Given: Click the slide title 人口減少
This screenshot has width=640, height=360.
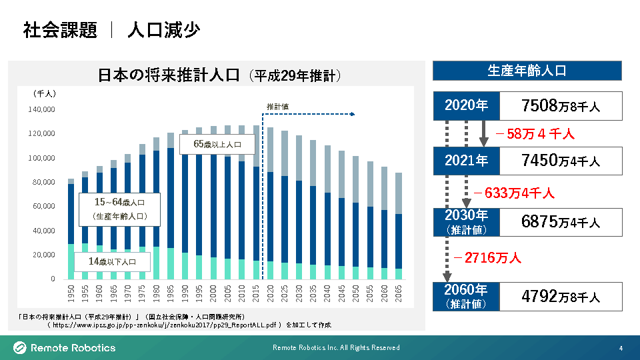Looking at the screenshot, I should pos(163,31).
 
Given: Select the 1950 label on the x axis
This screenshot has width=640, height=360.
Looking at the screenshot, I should pos(71,293).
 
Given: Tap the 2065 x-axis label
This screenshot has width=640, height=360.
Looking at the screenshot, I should pos(399,293).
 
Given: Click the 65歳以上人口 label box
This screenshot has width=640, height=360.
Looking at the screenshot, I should pos(217,143).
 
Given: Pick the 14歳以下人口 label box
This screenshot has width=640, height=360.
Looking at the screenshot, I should pos(112,262).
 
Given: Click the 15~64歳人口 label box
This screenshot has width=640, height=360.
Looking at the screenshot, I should pos(119,208).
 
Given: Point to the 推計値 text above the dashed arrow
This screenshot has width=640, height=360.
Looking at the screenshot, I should pos(277,107).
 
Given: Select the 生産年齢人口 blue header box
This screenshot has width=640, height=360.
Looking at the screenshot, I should pos(527,71).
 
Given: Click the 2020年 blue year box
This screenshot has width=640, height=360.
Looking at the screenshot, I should pos(466,105).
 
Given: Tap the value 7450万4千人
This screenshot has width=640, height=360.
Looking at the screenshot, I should pos(561,161).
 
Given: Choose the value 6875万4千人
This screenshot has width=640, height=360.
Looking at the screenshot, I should pos(561,222).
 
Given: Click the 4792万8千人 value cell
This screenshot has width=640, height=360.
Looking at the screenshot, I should pos(561,296).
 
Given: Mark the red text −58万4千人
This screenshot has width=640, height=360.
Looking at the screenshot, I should pos(535,134).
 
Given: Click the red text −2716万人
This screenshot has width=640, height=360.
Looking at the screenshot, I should pos(487,257).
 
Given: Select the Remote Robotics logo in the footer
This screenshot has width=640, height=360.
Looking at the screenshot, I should pos(65,347).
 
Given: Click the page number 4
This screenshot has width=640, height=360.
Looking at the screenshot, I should pos(621,348).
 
